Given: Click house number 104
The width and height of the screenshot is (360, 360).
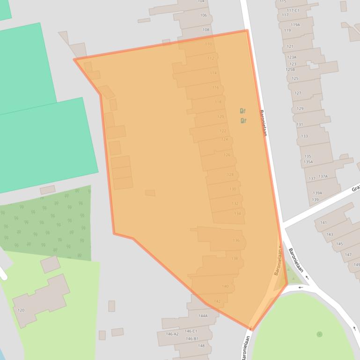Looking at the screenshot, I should [x=201, y=1].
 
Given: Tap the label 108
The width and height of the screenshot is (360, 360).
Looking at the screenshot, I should [x=206, y=30].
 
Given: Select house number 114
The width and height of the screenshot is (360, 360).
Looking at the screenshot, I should [x=213, y=73].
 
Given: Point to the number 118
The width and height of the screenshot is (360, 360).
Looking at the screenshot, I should [x=218, y=102].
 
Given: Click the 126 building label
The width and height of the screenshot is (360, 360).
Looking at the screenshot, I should [x=227, y=155].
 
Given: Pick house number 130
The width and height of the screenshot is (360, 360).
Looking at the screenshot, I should [x=233, y=189].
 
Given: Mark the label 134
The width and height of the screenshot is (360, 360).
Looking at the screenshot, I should [x=238, y=214].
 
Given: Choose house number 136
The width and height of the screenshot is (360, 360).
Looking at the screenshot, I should [x=236, y=241].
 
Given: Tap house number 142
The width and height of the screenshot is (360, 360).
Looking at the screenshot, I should [x=217, y=302].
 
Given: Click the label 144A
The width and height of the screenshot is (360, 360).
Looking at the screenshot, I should [x=203, y=316].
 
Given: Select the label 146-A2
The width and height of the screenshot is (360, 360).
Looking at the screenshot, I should [x=172, y=334].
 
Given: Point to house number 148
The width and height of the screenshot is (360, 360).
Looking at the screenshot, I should [x=201, y=346].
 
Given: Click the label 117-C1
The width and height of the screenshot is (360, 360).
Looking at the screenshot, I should [x=293, y=10].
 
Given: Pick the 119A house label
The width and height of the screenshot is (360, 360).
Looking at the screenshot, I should [x=295, y=25].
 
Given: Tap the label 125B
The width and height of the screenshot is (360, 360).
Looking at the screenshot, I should [x=290, y=70].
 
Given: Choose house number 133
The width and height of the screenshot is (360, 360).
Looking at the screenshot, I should [x=304, y=136].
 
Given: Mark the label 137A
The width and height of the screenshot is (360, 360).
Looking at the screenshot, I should [x=323, y=176].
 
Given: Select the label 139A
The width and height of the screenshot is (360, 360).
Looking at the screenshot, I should [x=317, y=193].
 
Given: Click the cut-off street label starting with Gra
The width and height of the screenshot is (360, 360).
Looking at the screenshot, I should [x=355, y=189].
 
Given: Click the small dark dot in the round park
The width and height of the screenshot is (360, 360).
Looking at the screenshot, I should [x=319, y=334].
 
